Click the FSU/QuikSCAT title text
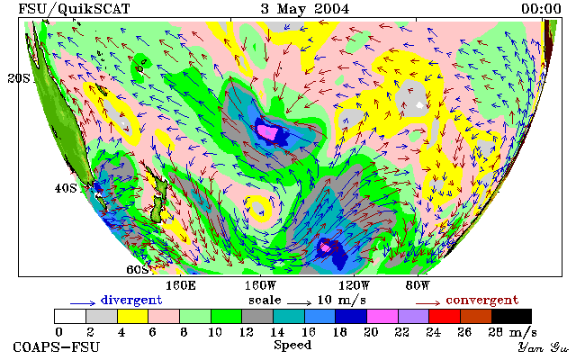(x=74, y=9)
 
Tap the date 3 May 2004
(x=305, y=9)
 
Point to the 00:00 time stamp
(x=541, y=9)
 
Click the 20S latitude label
(x=19, y=78)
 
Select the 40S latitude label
(x=66, y=188)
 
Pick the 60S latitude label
(x=138, y=269)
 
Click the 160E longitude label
(x=181, y=286)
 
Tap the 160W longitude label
(x=260, y=286)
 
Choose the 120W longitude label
(x=354, y=286)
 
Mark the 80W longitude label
(x=418, y=286)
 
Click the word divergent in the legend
(x=131, y=300)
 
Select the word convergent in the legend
(x=482, y=300)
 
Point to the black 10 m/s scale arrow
(x=299, y=303)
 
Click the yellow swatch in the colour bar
(x=133, y=317)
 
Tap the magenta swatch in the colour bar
(x=382, y=317)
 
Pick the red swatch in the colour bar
(x=445, y=317)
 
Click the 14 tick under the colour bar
(x=277, y=331)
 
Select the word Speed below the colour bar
(x=292, y=345)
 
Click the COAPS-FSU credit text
(x=57, y=347)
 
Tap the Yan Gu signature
(x=543, y=347)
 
